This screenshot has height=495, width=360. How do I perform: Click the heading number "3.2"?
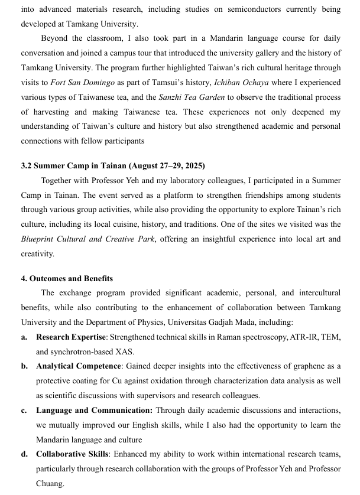pos(27,166)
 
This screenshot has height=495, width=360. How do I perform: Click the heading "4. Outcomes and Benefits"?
pos(67,278)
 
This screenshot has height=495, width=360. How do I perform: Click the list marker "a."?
pos(24,337)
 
